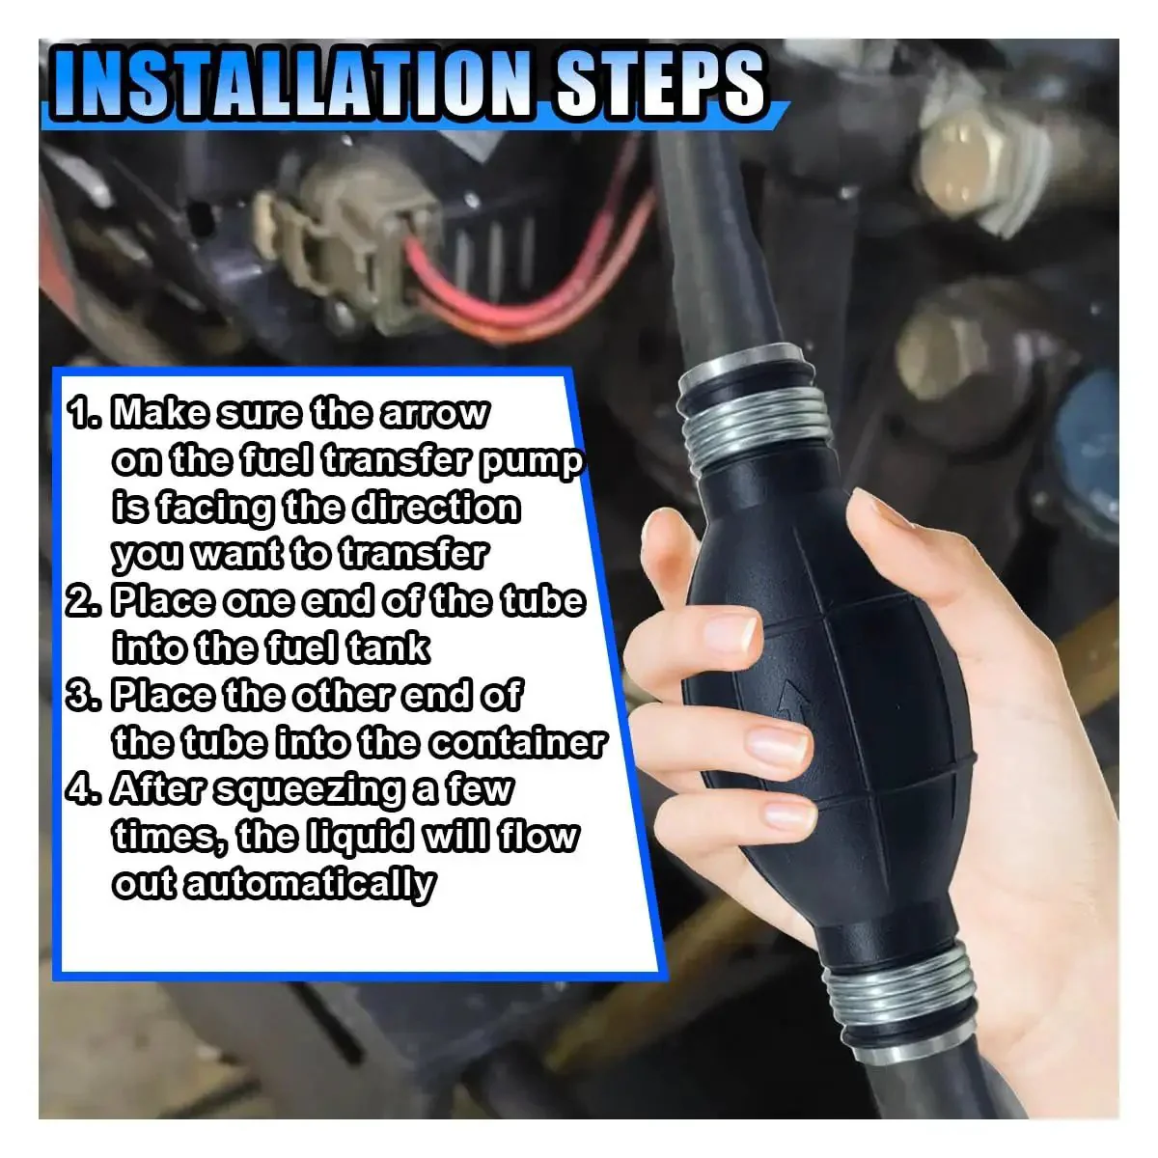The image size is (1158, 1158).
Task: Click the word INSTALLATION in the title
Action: click(293, 84)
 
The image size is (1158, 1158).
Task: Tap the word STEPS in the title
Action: click(660, 84)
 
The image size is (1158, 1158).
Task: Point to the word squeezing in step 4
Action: click(308, 792)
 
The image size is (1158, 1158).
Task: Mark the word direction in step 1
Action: click(436, 508)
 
